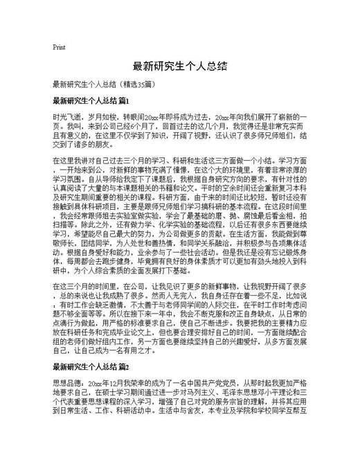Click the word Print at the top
coord(59,47)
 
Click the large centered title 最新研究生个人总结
coord(180,68)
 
